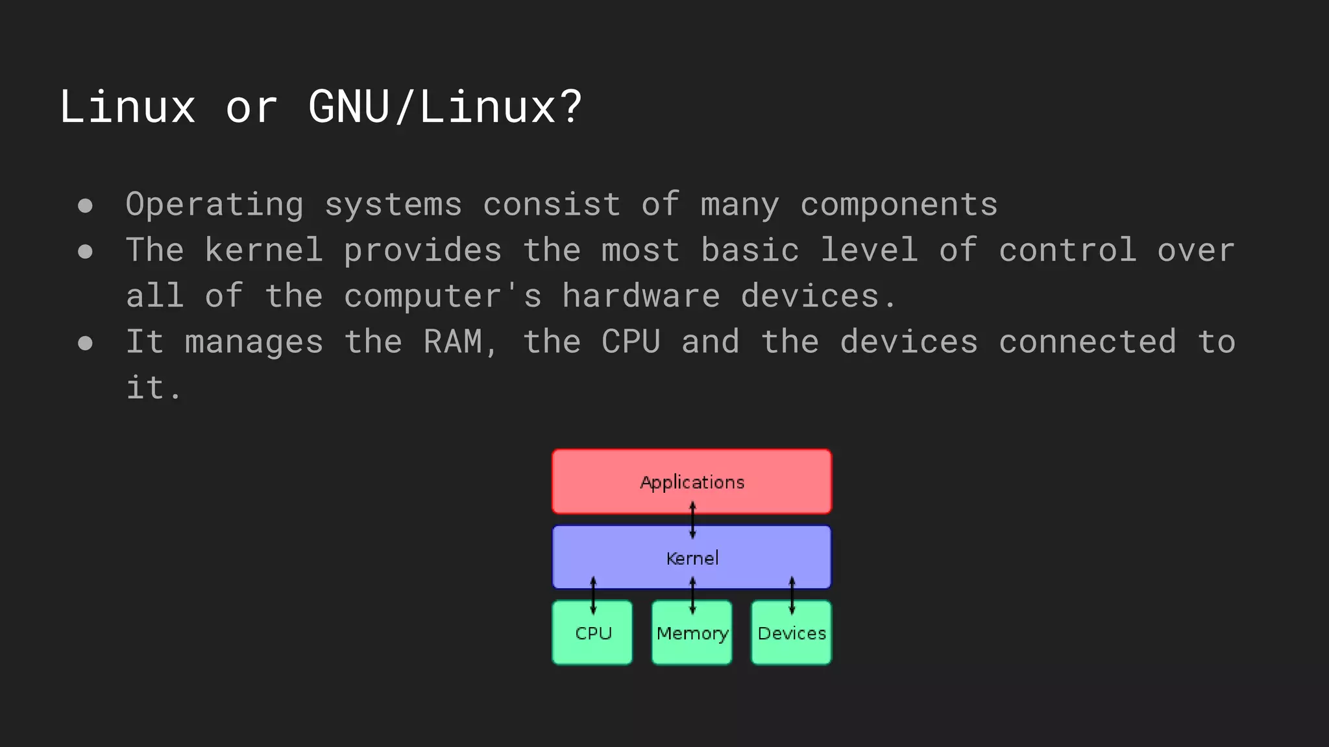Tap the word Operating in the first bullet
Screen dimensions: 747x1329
tap(215, 205)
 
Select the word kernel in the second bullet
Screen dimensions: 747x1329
tap(264, 250)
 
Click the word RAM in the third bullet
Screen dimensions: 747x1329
tap(453, 342)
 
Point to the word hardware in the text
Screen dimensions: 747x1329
tap(641, 296)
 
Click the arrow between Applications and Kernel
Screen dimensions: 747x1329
tap(692, 520)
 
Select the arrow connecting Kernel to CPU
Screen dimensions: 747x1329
tap(593, 595)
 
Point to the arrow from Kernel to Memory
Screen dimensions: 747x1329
tap(692, 595)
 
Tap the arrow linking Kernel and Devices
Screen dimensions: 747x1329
tap(792, 595)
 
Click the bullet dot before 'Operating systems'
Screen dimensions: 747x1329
tap(85, 206)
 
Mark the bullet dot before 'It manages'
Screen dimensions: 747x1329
tap(85, 343)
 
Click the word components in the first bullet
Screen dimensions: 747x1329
tap(899, 205)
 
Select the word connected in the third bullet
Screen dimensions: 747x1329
tap(1087, 342)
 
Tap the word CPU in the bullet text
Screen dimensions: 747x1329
tap(631, 342)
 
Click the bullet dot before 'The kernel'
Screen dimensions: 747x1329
tap(85, 252)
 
